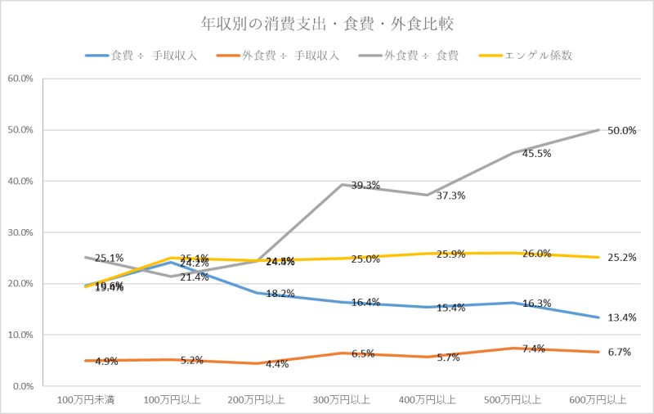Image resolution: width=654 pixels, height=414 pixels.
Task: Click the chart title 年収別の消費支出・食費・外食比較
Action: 328,22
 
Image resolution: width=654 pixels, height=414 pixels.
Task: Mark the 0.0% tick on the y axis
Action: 22,386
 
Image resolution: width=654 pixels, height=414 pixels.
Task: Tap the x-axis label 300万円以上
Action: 342,400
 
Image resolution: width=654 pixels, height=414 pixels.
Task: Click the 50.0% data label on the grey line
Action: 621,131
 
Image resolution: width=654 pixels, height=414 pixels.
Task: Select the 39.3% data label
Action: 365,185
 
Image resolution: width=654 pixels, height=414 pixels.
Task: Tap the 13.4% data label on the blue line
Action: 621,317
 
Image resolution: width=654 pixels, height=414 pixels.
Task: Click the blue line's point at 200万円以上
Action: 256,292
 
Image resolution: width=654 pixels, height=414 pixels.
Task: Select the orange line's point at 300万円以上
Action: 342,353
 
